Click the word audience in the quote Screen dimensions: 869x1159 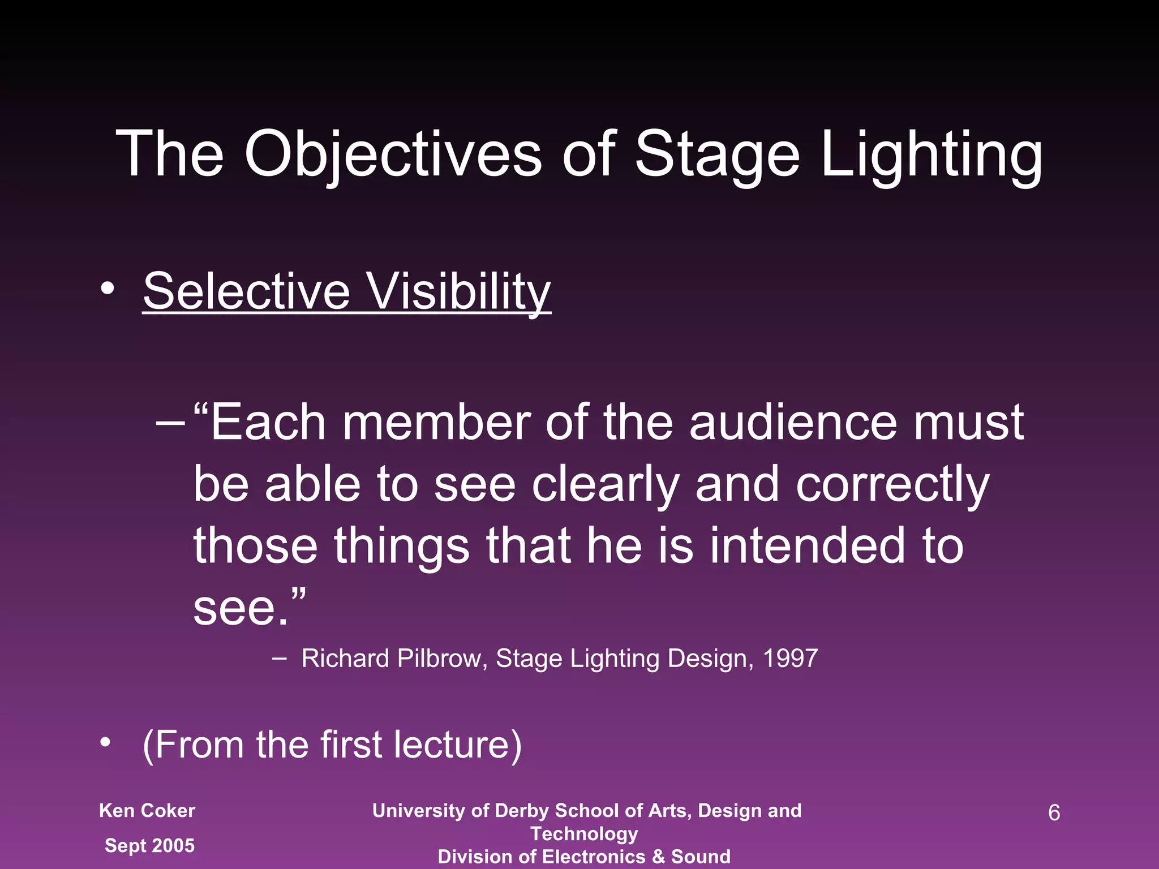[793, 423]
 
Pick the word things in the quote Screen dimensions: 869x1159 [401, 545]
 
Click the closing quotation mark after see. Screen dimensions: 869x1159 [299, 595]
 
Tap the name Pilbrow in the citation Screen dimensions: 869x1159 [439, 659]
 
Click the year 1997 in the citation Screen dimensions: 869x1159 [790, 659]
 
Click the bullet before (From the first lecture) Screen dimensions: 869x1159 [105, 743]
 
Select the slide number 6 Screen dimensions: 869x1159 [1054, 813]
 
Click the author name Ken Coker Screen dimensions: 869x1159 [147, 811]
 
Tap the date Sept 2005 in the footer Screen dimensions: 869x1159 [150, 845]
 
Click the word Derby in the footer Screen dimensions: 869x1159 [521, 811]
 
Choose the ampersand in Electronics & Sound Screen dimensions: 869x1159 [658, 857]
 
